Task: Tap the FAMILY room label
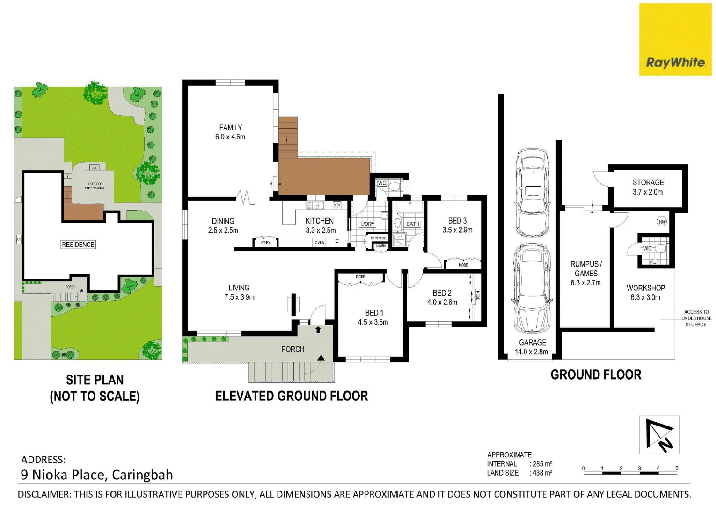click(230, 127)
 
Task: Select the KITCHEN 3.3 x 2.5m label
click(320, 225)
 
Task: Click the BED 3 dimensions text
click(457, 230)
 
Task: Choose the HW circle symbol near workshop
click(662, 222)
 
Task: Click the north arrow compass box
click(659, 434)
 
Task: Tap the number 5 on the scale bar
click(677, 468)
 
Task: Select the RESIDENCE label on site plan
click(78, 245)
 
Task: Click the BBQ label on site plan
click(95, 167)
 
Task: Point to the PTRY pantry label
click(266, 243)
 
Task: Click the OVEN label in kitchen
click(320, 243)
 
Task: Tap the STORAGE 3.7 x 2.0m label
click(648, 187)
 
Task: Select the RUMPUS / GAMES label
click(586, 269)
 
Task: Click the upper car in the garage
click(532, 193)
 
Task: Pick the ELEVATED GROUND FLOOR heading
click(291, 396)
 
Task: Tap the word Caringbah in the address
click(142, 475)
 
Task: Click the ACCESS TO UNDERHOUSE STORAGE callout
click(696, 318)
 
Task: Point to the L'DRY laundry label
click(367, 224)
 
